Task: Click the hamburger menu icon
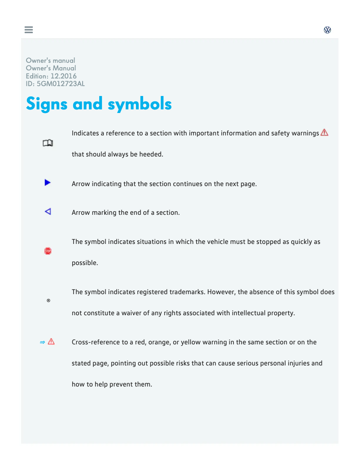[29, 30]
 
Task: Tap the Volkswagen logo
[328, 30]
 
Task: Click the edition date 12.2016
[63, 76]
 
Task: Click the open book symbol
[48, 143]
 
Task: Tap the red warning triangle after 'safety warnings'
[325, 133]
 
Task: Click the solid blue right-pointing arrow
[48, 183]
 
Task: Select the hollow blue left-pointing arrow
[48, 211]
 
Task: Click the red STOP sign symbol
[48, 251]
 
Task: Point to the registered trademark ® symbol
[48, 300]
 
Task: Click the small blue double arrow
[42, 342]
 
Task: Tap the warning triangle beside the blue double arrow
[51, 342]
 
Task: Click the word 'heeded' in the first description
[151, 154]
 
